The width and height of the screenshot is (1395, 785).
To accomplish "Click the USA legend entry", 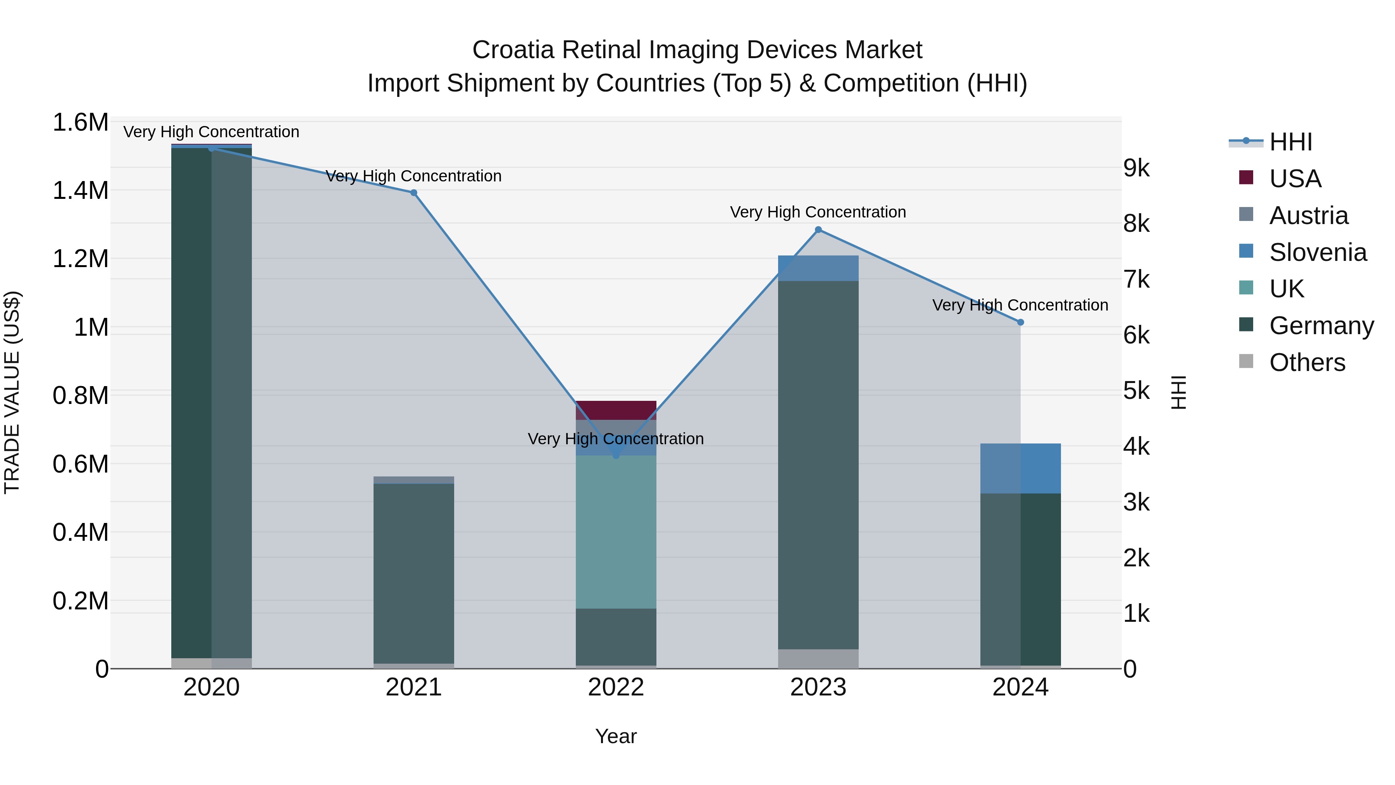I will coord(1294,179).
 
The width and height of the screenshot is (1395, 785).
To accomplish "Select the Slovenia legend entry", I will coord(1317,252).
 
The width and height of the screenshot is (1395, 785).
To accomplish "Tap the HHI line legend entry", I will coord(1290,142).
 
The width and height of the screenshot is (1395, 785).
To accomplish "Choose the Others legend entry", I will coord(1306,362).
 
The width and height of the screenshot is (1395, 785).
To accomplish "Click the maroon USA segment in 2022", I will coord(616,410).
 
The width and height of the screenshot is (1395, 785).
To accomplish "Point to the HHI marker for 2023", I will coord(818,230).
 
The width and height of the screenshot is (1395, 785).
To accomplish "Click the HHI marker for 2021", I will coord(414,193).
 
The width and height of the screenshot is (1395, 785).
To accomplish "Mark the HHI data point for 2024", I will coord(1020,323).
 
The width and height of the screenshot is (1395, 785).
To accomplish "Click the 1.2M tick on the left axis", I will coord(80,259).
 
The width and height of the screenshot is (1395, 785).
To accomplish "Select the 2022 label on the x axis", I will coord(616,687).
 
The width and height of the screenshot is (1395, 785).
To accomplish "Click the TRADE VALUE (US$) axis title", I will coord(12,392).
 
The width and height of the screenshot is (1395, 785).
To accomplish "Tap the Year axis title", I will coord(616,736).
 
